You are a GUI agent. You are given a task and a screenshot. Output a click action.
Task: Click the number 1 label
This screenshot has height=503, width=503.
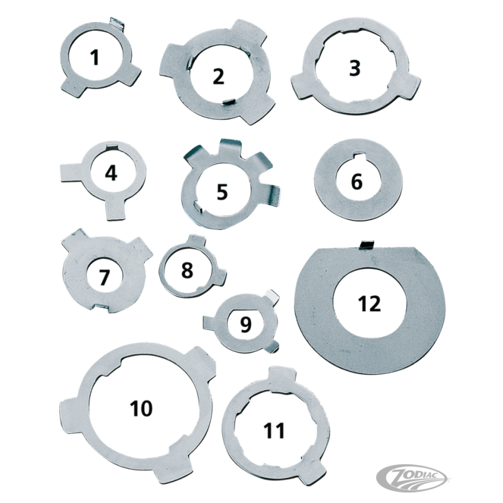click(94, 58)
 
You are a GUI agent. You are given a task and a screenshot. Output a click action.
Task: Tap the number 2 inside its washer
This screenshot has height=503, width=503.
click(218, 77)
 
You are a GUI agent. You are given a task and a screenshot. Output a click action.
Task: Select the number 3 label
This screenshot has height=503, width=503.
click(355, 68)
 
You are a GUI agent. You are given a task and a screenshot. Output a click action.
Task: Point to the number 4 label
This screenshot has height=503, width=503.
click(111, 174)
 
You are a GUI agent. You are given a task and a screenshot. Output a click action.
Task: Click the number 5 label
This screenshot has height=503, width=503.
click(222, 192)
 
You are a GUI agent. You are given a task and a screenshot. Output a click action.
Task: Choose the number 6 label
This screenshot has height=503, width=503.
click(357, 182)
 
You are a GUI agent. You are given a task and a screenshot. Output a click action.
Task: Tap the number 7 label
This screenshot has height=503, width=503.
click(103, 277)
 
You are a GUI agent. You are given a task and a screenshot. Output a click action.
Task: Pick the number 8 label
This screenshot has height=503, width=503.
click(187, 270)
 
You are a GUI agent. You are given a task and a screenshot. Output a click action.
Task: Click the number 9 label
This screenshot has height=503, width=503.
click(245, 324)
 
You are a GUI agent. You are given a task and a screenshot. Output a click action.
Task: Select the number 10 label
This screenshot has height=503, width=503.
click(141, 408)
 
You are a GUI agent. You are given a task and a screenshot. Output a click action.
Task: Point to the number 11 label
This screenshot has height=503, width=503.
click(274, 431)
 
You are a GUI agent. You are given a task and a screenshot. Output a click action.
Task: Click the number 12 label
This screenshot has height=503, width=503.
click(370, 304)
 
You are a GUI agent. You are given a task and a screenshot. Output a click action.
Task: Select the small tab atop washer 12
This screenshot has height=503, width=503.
click(367, 245)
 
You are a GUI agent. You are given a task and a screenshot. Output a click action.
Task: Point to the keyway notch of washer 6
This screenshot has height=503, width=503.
click(358, 155)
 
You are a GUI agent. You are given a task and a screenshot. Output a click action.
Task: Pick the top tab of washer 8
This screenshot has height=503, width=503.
click(196, 240)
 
